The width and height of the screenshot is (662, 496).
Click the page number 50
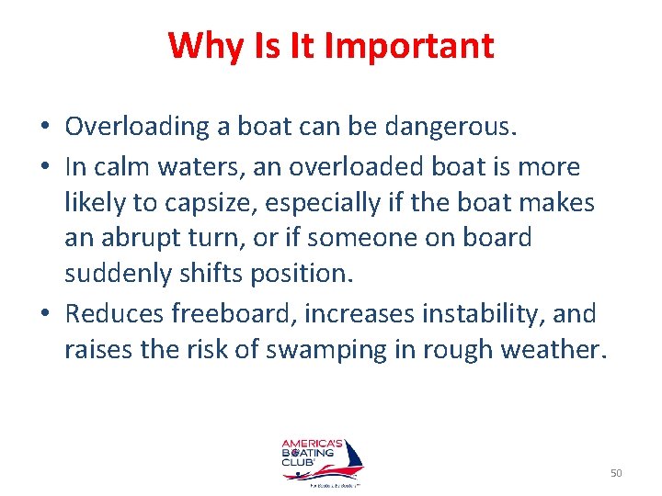point(615,473)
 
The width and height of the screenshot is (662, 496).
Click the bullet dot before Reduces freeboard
point(46,315)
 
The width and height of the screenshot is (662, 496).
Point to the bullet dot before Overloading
point(46,126)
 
